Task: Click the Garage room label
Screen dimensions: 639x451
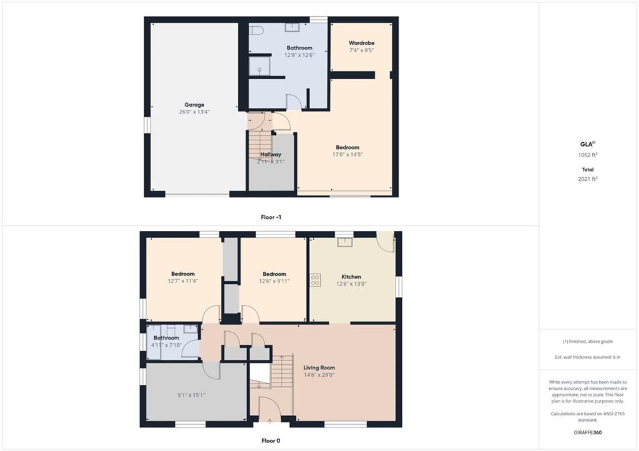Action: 194,105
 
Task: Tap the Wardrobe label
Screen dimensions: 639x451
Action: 361,43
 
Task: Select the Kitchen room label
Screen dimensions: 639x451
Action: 351,276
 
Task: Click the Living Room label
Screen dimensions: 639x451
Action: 319,367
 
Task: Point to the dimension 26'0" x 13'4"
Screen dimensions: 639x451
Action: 194,112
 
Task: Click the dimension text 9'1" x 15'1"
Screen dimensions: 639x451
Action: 191,394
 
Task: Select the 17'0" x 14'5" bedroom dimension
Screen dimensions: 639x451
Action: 347,155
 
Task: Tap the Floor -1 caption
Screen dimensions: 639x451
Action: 271,217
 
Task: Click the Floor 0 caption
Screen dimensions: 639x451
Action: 271,440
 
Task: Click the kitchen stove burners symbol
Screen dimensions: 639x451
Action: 315,280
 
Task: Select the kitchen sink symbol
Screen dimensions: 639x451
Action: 344,242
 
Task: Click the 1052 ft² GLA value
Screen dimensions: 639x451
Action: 588,155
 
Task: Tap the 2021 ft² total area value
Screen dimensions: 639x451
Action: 588,178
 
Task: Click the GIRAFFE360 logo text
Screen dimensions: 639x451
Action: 588,432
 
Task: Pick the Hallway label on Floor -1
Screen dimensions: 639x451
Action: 271,155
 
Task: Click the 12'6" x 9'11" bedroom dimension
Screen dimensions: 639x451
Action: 275,281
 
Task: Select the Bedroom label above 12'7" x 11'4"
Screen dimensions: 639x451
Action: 183,274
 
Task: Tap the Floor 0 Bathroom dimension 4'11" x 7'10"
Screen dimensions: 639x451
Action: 166,345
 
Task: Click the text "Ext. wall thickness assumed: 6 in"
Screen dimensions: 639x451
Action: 588,357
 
